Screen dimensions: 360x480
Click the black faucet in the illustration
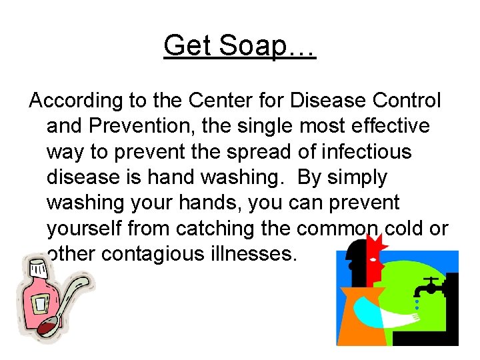431,285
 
